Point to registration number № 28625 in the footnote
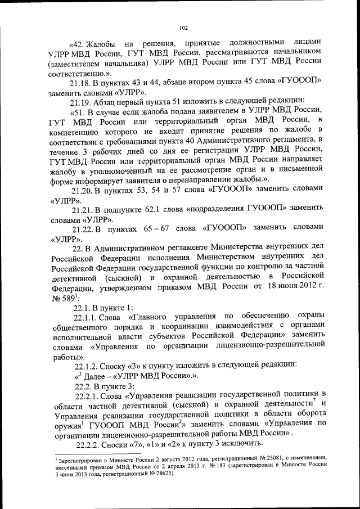click(159, 474)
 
